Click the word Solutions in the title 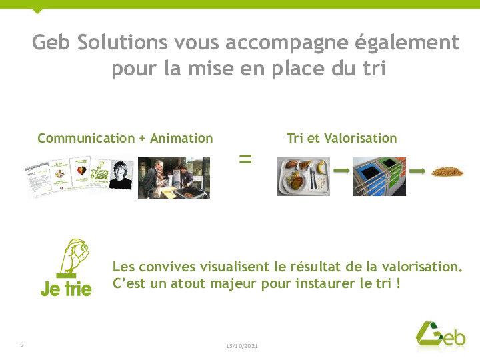[122, 43]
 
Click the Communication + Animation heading [125, 139]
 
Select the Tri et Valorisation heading [341, 139]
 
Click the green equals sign [245, 159]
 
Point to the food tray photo [303, 176]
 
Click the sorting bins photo [379, 176]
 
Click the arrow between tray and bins [341, 171]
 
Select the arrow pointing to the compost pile [417, 171]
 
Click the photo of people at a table [173, 177]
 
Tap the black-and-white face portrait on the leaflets [121, 175]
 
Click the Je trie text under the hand [66, 289]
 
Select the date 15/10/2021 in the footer [242, 346]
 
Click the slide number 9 [22, 344]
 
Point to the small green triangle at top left [38, 10]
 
